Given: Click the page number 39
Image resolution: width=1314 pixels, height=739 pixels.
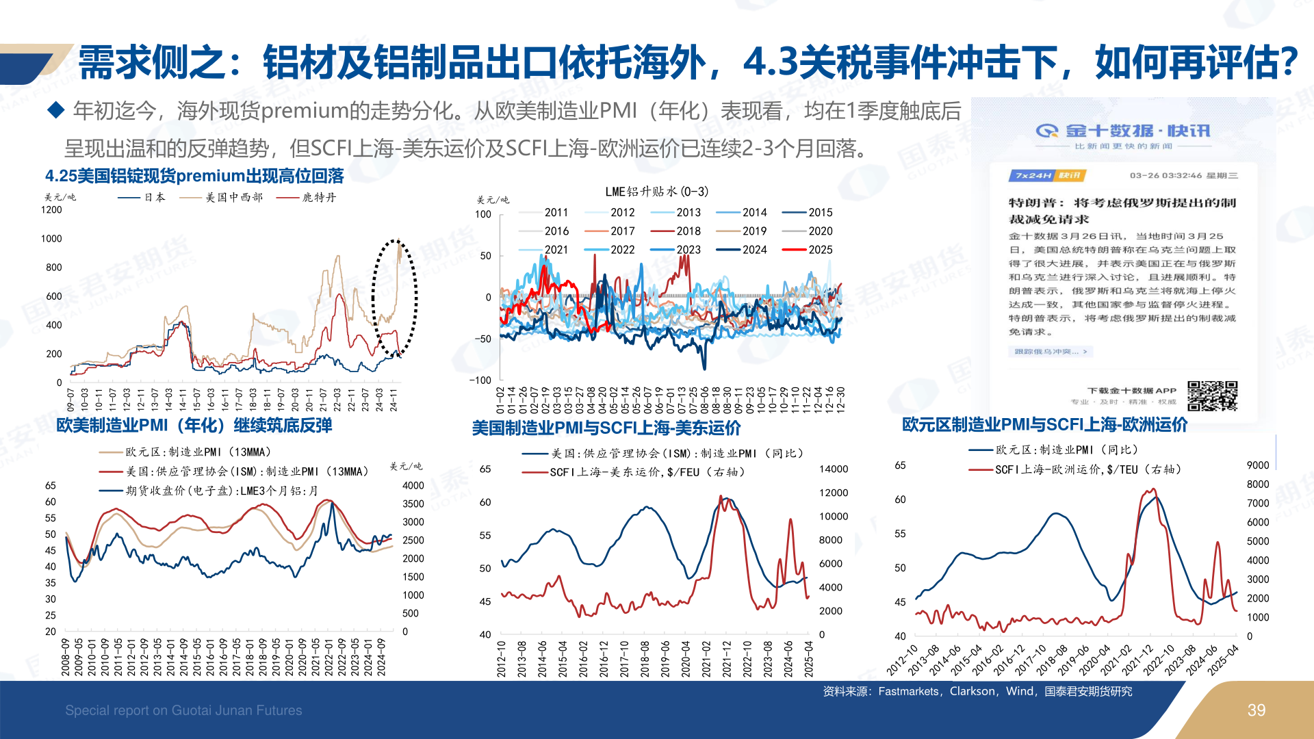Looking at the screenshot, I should pos(1256,710).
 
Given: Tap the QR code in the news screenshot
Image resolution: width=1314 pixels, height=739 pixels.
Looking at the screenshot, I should pos(1212,396).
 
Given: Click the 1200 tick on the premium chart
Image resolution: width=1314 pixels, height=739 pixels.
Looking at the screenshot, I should pos(51,210).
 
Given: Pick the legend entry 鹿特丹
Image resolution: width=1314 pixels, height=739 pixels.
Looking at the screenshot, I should pos(306,197).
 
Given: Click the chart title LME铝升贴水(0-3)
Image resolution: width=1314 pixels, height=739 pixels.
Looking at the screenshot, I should pos(656,192).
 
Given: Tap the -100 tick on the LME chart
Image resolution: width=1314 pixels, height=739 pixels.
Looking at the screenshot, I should pos(480,380).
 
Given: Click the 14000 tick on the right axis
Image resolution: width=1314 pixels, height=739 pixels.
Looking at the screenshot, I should pos(833,469).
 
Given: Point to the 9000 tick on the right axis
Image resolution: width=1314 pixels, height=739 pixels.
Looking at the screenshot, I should pos(1257,465).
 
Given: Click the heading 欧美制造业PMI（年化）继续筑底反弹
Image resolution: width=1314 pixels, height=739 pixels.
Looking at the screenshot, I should pos(194,426).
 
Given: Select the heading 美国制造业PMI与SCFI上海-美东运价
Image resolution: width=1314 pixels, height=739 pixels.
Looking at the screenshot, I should pos(606,428).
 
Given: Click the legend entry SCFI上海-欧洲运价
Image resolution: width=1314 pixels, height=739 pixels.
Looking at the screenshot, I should pos(1074,470).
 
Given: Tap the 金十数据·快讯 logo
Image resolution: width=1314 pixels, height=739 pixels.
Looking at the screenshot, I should pos(1122,131).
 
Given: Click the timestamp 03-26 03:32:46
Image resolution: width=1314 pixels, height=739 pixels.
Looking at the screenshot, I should pos(1165,176).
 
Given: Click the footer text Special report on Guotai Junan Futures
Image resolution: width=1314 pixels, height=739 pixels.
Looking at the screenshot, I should pos(183,710).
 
